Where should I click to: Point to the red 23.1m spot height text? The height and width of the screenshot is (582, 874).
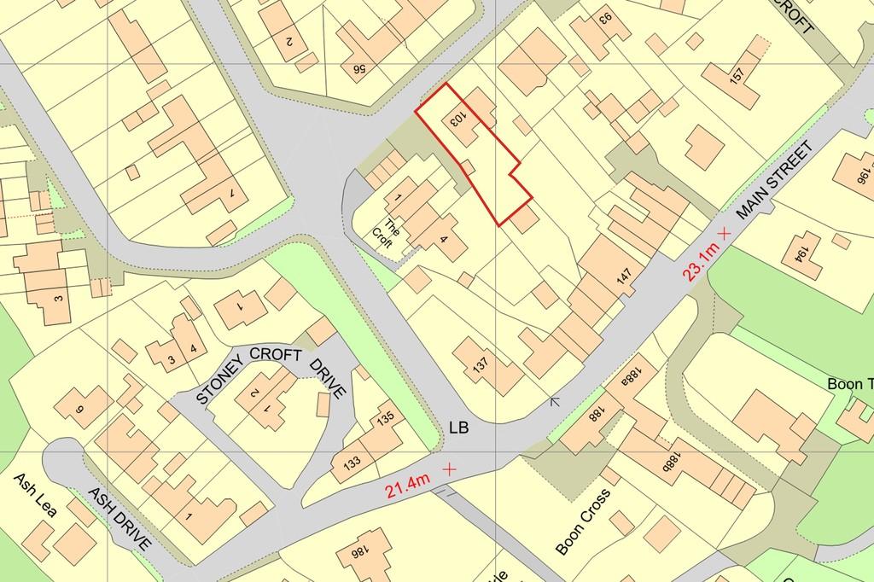pyautogui.click(x=696, y=259)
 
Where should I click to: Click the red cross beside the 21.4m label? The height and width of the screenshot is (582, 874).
pyautogui.click(x=447, y=469)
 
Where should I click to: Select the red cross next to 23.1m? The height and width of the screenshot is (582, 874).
pyautogui.click(x=725, y=232)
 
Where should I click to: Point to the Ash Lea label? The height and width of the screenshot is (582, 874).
pyautogui.click(x=35, y=496)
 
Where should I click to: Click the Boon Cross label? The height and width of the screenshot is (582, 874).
pyautogui.click(x=584, y=521)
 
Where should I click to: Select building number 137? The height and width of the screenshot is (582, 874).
pyautogui.click(x=481, y=366)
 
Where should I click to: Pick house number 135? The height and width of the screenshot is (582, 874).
pyautogui.click(x=384, y=420)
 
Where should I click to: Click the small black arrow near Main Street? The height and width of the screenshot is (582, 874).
pyautogui.click(x=556, y=400)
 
